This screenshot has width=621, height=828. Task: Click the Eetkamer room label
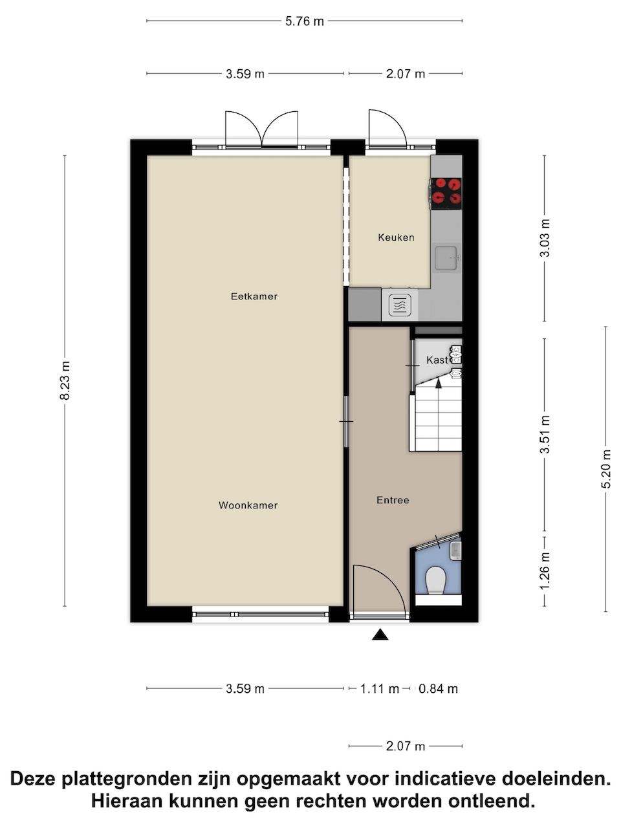point(254,296)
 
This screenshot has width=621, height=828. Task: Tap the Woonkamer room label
point(248,505)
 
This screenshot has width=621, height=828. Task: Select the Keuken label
point(396,237)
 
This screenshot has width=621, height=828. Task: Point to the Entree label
point(393,500)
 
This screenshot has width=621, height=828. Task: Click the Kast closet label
point(437,360)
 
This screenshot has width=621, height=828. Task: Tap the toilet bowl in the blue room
point(435,580)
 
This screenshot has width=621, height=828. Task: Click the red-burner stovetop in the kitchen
point(446,193)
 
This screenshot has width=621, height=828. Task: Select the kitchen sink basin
point(446,258)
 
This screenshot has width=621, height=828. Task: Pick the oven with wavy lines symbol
point(400,305)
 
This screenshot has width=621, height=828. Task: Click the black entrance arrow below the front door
point(380,635)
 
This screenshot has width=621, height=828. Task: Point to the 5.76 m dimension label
point(304,21)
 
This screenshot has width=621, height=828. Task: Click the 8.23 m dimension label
point(65,380)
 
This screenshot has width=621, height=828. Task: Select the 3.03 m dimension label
point(545,238)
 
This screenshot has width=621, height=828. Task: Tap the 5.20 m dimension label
point(605,469)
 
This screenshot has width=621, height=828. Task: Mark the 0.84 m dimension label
point(438,689)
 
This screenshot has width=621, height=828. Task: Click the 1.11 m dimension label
point(379,689)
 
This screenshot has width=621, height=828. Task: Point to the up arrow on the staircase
point(438,383)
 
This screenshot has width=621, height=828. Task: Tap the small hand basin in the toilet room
point(455,551)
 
